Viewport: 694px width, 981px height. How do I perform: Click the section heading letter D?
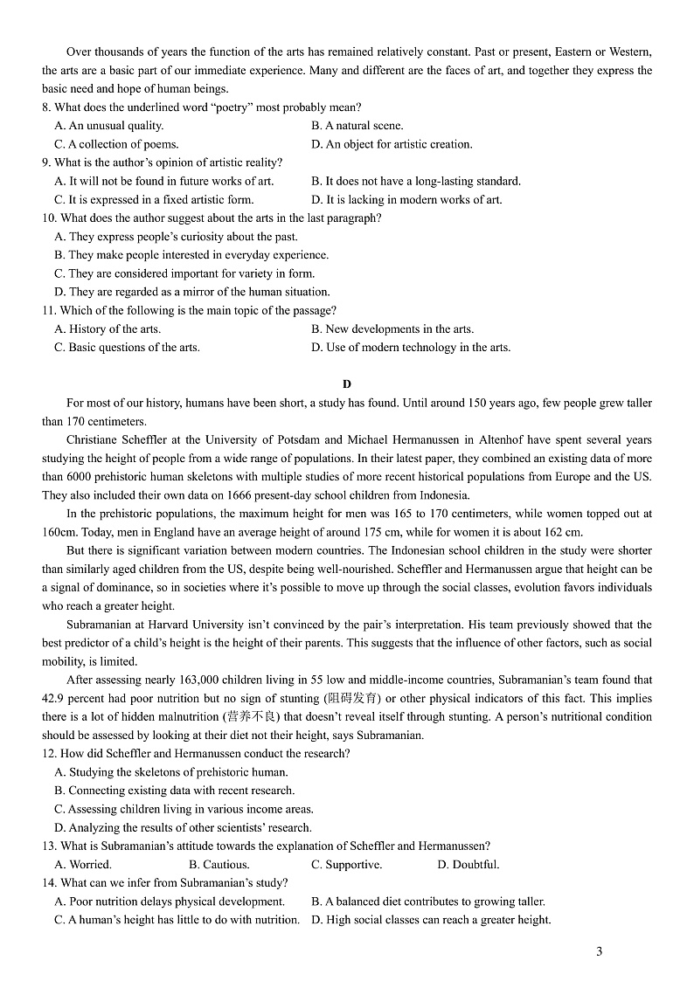347,384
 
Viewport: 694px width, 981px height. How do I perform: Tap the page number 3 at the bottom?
599,952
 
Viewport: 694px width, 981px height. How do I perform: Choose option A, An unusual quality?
109,126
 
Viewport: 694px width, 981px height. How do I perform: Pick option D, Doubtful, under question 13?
468,865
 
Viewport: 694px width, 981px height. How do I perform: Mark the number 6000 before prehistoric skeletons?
80,477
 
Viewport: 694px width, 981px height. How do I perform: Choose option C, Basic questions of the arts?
127,347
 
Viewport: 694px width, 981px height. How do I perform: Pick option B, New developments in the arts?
392,328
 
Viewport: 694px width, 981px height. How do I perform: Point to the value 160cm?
59,532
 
